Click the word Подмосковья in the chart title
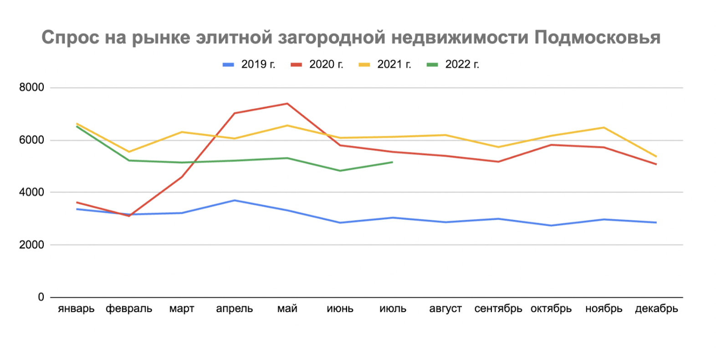point(597,37)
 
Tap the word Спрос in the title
point(71,37)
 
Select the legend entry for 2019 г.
point(249,64)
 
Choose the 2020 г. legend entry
point(317,64)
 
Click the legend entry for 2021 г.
point(385,64)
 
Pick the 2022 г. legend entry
point(453,64)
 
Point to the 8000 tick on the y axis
point(31,87)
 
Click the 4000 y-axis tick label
point(31,192)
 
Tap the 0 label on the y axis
point(41,297)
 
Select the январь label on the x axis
point(76,309)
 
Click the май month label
point(287,309)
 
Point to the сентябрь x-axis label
point(498,309)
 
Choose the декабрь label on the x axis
point(656,309)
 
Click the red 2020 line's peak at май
point(287,103)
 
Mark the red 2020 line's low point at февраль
point(129,216)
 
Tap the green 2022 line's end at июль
point(392,162)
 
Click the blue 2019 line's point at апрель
point(234,200)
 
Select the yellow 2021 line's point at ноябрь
point(604,128)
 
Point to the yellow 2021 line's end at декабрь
point(656,156)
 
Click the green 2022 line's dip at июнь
point(340,171)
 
